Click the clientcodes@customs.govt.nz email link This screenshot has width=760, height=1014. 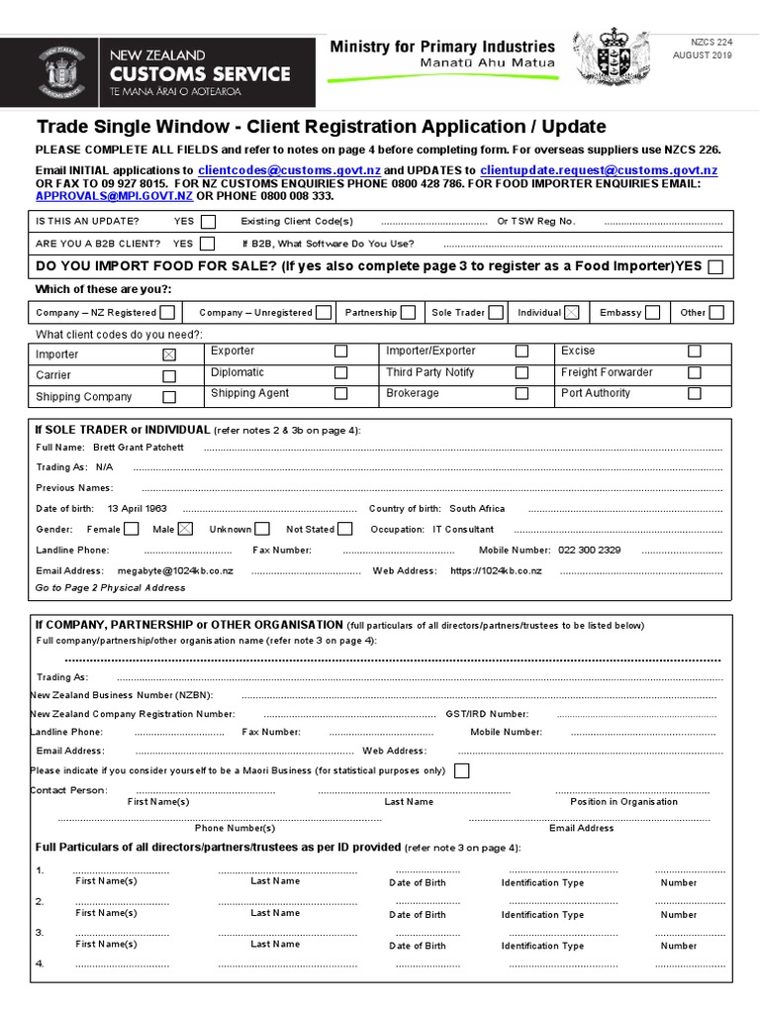point(289,170)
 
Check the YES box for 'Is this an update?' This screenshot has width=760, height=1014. point(208,222)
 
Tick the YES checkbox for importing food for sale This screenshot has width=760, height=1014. point(714,266)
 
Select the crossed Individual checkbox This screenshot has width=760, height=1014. point(572,313)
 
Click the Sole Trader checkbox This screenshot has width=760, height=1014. point(496,313)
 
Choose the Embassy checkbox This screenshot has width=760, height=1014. point(653,313)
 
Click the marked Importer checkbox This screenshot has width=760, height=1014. point(169,355)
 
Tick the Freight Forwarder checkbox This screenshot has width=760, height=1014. point(695,373)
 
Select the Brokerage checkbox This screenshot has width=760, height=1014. point(522,393)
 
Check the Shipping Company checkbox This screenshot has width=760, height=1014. point(169,397)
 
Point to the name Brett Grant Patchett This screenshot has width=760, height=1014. point(139,448)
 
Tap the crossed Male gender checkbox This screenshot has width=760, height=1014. point(186,530)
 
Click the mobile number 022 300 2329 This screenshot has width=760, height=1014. point(590,551)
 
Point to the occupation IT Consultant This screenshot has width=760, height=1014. point(463,530)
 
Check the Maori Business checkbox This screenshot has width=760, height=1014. point(461,771)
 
